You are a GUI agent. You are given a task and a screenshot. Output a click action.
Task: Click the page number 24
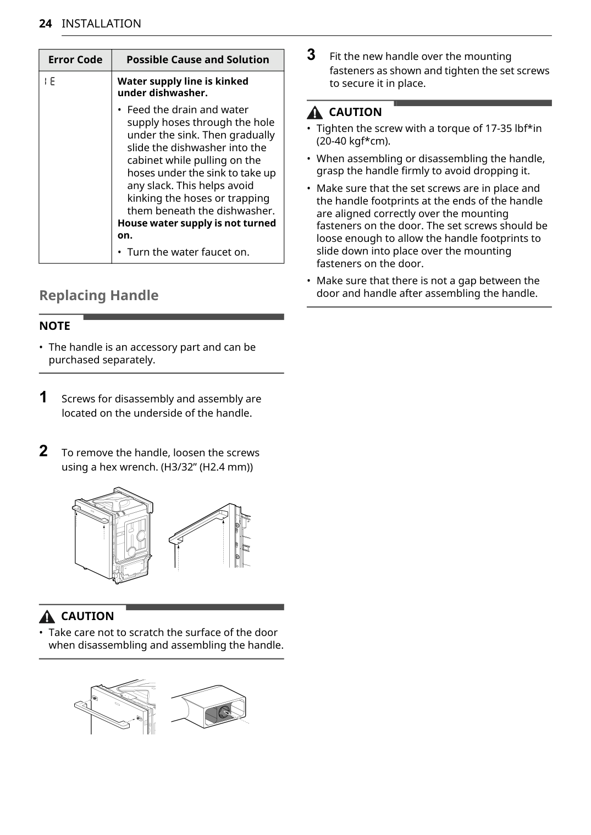[x=46, y=24]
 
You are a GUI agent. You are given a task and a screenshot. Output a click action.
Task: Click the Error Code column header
[x=75, y=60]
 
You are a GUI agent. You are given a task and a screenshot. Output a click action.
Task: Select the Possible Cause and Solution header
[x=198, y=60]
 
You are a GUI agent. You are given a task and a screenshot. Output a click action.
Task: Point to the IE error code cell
[x=49, y=82]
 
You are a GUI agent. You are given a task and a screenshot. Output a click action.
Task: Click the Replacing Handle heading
[x=99, y=295]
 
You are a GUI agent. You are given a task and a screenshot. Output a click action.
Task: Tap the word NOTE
[x=55, y=326]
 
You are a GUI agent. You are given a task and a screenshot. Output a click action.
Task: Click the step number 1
[x=43, y=397]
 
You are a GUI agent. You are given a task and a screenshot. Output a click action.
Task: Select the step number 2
[x=43, y=451]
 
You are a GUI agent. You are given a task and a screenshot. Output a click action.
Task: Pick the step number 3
[x=311, y=55]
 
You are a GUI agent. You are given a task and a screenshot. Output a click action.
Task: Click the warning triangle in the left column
[x=48, y=616]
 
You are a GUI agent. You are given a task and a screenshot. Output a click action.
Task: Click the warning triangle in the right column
[x=315, y=113]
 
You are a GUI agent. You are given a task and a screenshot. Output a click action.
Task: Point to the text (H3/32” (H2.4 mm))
[x=207, y=467]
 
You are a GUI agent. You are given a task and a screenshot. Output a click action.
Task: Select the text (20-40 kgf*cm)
[x=353, y=141]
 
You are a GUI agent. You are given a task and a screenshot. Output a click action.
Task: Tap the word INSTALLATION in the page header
[x=101, y=24]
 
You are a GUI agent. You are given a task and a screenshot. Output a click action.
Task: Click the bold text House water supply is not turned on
[x=196, y=229]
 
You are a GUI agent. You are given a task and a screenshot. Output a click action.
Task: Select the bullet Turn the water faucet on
[x=188, y=252]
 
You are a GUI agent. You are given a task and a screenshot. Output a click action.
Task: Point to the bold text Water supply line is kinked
[x=183, y=81]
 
